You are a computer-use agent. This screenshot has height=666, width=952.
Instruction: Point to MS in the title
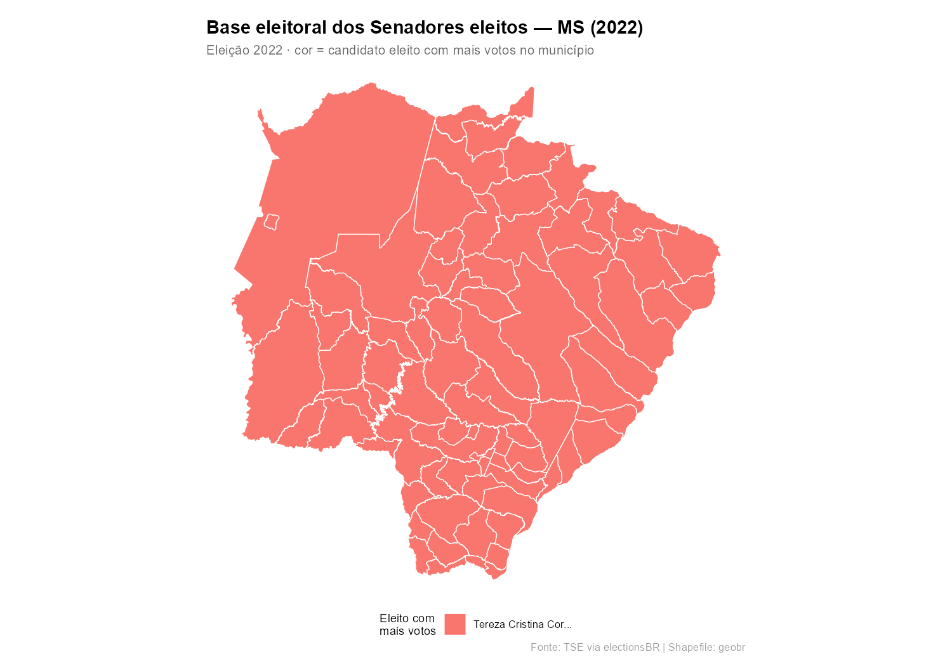click(x=568, y=28)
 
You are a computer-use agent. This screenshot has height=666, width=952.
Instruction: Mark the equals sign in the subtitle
click(x=321, y=51)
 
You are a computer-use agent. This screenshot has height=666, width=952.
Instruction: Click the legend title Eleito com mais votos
click(x=407, y=625)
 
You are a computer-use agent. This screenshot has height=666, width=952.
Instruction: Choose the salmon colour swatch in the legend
click(x=455, y=624)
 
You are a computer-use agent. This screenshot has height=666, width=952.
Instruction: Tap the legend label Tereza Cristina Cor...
click(x=522, y=625)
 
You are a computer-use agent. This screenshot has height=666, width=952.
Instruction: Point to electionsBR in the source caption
click(x=631, y=648)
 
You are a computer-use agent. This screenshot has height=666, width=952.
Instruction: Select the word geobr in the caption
click(x=731, y=648)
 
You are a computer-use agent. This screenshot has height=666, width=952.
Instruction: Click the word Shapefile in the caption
click(x=691, y=648)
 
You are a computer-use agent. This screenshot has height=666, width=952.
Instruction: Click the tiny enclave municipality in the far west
click(x=272, y=222)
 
